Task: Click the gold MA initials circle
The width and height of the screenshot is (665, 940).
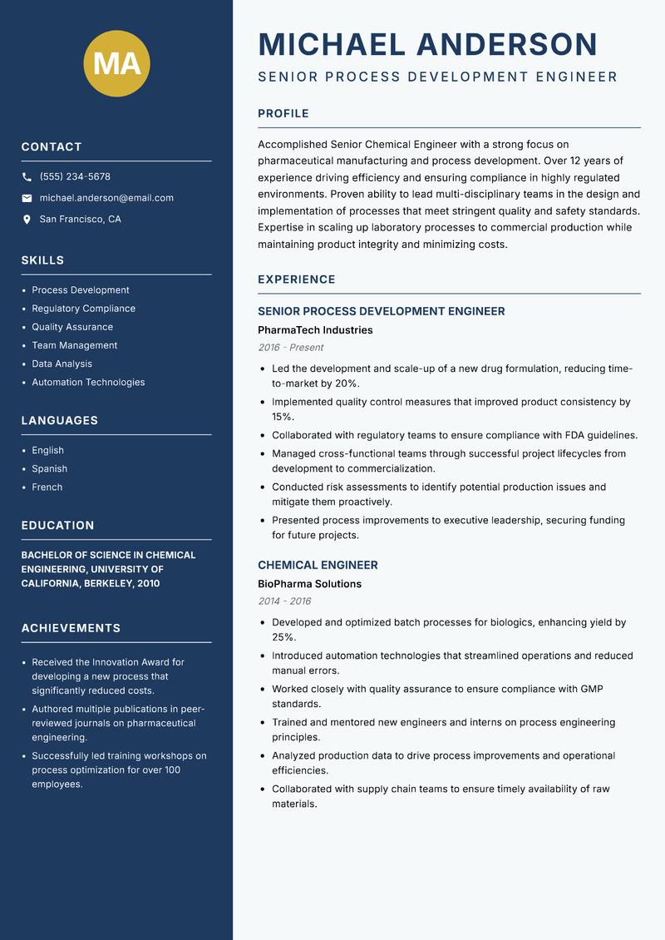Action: click(x=117, y=63)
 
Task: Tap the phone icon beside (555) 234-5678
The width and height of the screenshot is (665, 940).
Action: click(x=27, y=177)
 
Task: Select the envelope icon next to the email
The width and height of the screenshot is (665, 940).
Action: click(x=27, y=198)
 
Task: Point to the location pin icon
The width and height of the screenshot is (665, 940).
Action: click(x=27, y=220)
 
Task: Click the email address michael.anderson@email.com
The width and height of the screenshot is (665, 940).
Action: click(x=106, y=198)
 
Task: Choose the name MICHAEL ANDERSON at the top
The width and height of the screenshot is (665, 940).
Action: click(x=427, y=44)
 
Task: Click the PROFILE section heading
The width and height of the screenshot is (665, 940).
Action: click(x=283, y=114)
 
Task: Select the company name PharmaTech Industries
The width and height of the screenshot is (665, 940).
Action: click(x=315, y=330)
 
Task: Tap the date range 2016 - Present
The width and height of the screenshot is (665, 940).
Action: click(x=290, y=348)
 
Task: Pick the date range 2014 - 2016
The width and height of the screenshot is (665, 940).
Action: click(x=284, y=601)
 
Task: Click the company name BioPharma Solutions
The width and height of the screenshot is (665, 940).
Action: click(x=309, y=584)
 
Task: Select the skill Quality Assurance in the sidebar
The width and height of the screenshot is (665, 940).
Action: click(x=72, y=327)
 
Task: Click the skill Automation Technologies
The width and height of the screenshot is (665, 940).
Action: click(x=88, y=383)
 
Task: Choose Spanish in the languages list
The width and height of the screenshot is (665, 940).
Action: click(x=49, y=469)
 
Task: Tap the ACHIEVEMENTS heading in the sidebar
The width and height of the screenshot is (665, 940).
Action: click(x=71, y=628)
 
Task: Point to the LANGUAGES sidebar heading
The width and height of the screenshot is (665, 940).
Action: click(x=60, y=421)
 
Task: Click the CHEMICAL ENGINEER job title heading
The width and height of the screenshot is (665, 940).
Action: click(x=318, y=565)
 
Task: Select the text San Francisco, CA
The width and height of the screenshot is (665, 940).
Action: click(x=80, y=220)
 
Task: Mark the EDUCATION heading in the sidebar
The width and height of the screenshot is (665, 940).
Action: click(x=57, y=526)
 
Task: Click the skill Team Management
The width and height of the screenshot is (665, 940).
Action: click(x=75, y=345)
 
